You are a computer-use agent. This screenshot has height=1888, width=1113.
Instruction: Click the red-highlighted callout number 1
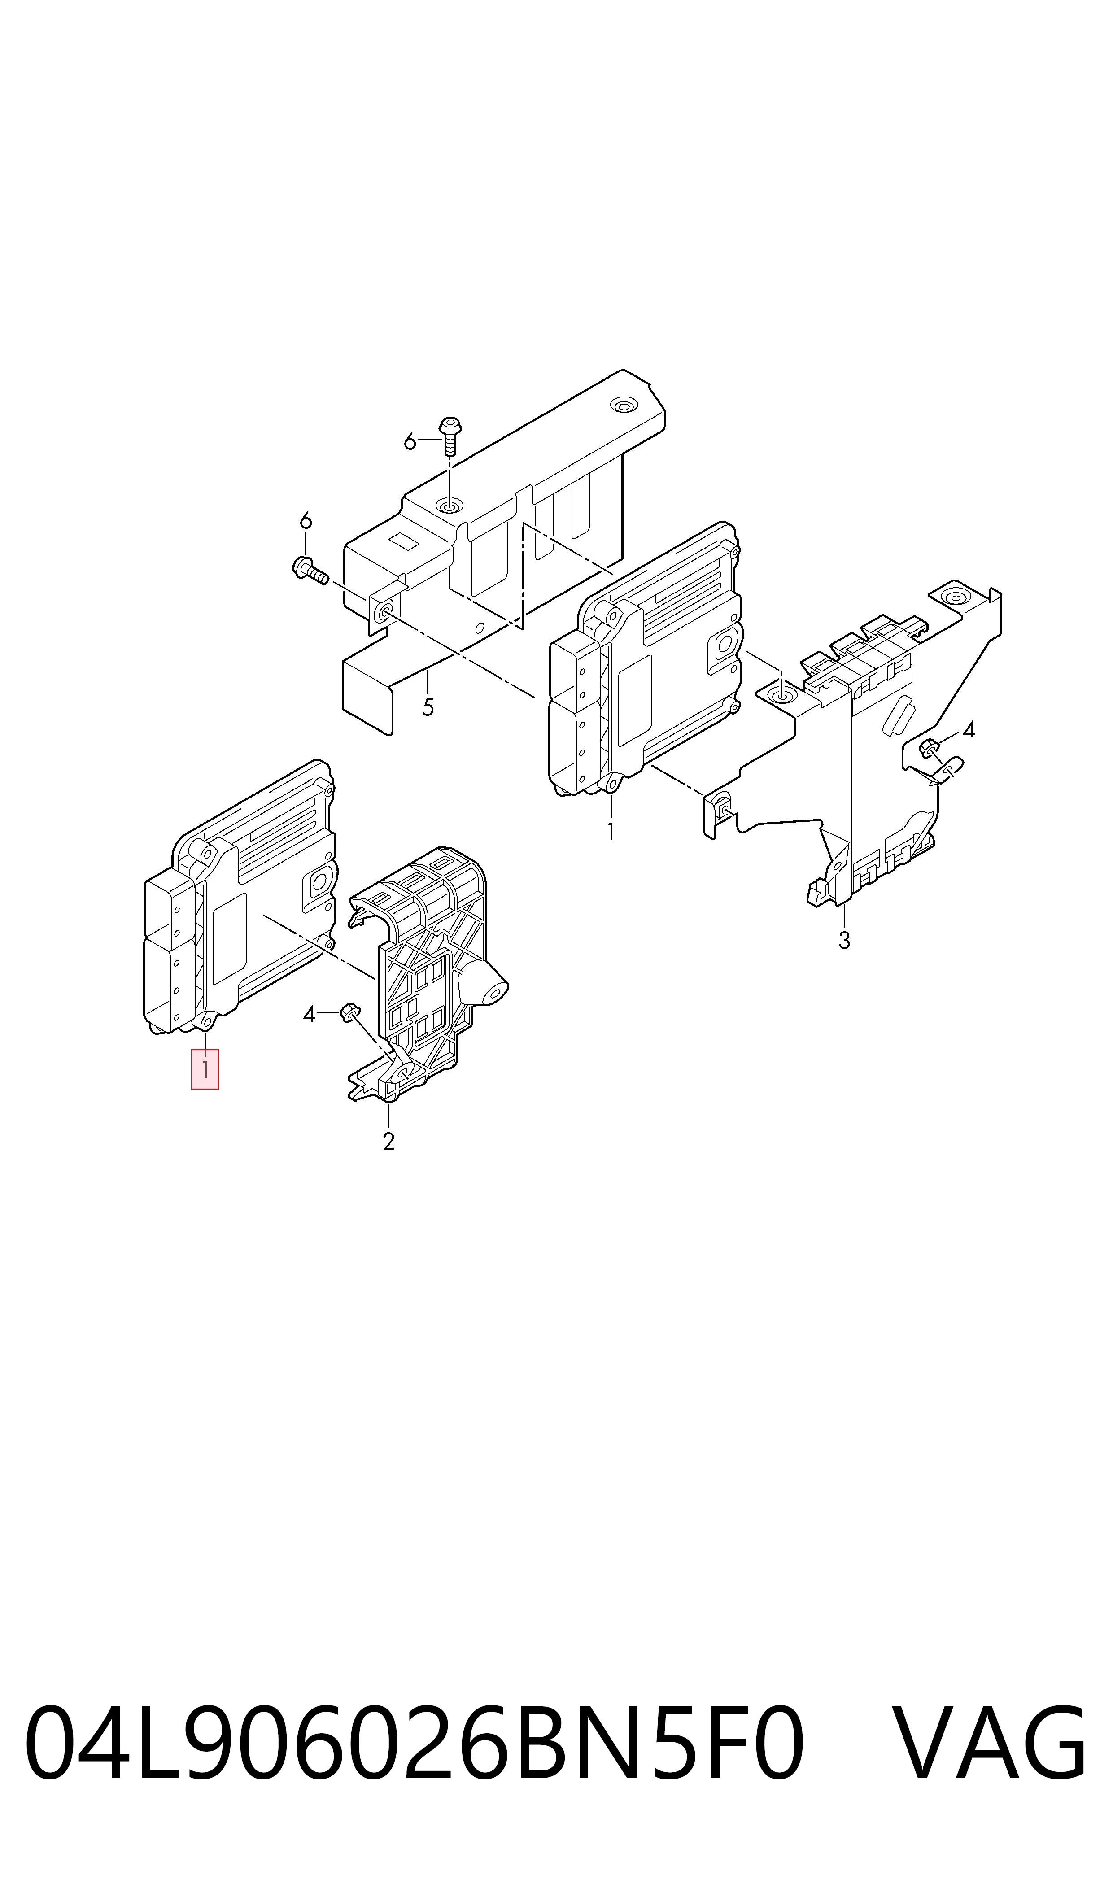pos(205,1069)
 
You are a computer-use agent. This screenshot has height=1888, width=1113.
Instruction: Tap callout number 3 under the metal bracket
pos(844,940)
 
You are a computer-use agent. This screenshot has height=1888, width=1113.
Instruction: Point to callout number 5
pos(428,707)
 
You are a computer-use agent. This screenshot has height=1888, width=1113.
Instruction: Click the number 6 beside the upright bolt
pos(410,442)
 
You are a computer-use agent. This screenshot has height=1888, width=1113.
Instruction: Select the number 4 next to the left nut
pos(309,1015)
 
